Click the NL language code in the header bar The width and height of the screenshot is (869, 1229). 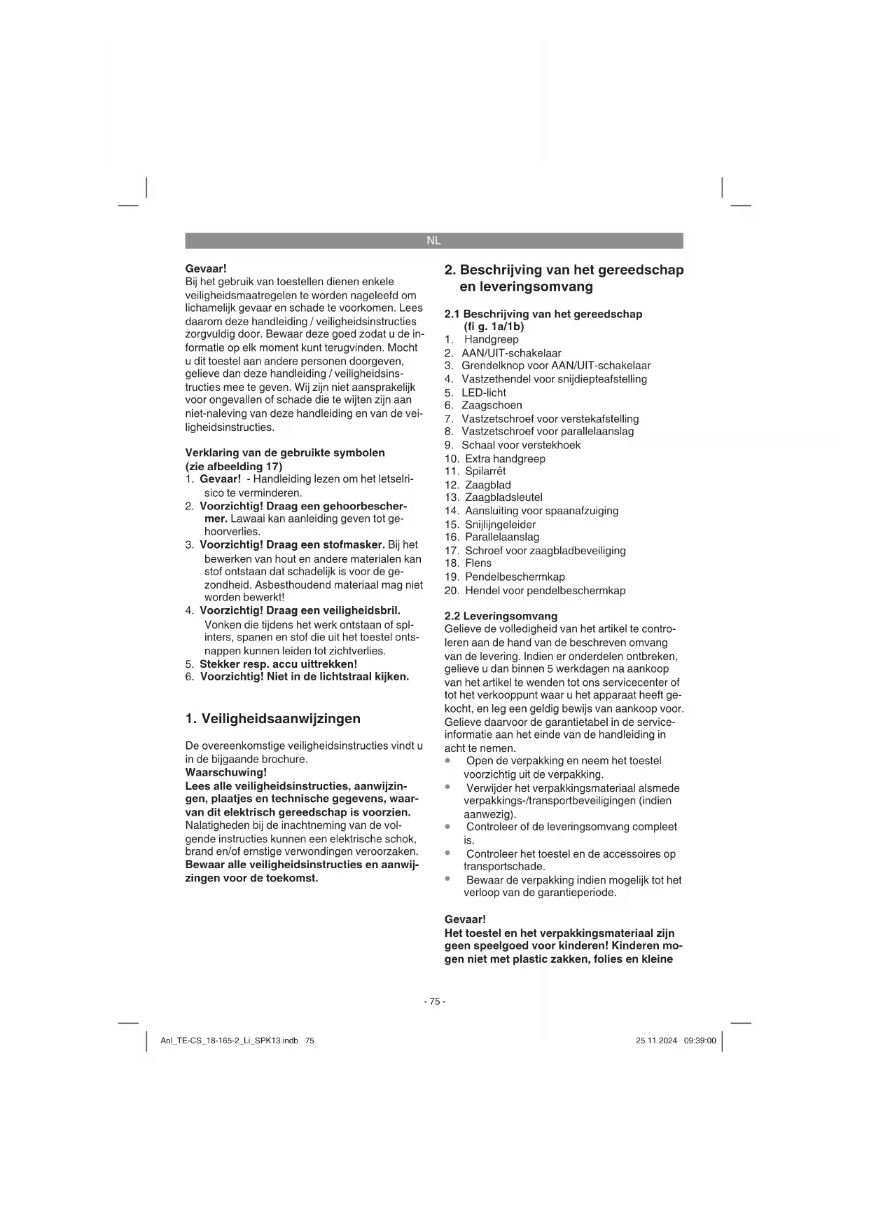pos(433,240)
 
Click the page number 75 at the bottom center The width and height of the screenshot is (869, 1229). pos(434,1001)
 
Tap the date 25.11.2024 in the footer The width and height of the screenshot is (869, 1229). pos(656,1041)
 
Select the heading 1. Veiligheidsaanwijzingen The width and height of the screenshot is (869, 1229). pos(273,718)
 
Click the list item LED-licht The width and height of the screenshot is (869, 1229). pos(483,392)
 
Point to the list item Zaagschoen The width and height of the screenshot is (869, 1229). pos(491,405)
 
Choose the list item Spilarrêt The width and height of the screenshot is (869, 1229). pos(485,471)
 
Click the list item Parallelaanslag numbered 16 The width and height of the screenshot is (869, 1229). pos(501,537)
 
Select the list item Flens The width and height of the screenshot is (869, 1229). pos(478,563)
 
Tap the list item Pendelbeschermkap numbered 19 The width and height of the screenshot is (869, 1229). pos(514,577)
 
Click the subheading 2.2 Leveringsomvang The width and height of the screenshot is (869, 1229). pos(501,616)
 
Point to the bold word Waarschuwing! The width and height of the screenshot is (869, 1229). pos(225,772)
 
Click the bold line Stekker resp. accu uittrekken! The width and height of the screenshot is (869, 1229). pos(278,664)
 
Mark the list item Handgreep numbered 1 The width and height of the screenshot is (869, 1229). pos(491,339)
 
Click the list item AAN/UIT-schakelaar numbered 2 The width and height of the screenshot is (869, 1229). pos(510,353)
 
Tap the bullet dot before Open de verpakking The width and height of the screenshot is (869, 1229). pos(447,760)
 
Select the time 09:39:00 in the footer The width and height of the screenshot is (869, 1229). pos(700,1041)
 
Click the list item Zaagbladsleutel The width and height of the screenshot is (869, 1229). pos(503,497)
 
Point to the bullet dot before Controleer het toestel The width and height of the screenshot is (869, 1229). pos(447,853)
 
